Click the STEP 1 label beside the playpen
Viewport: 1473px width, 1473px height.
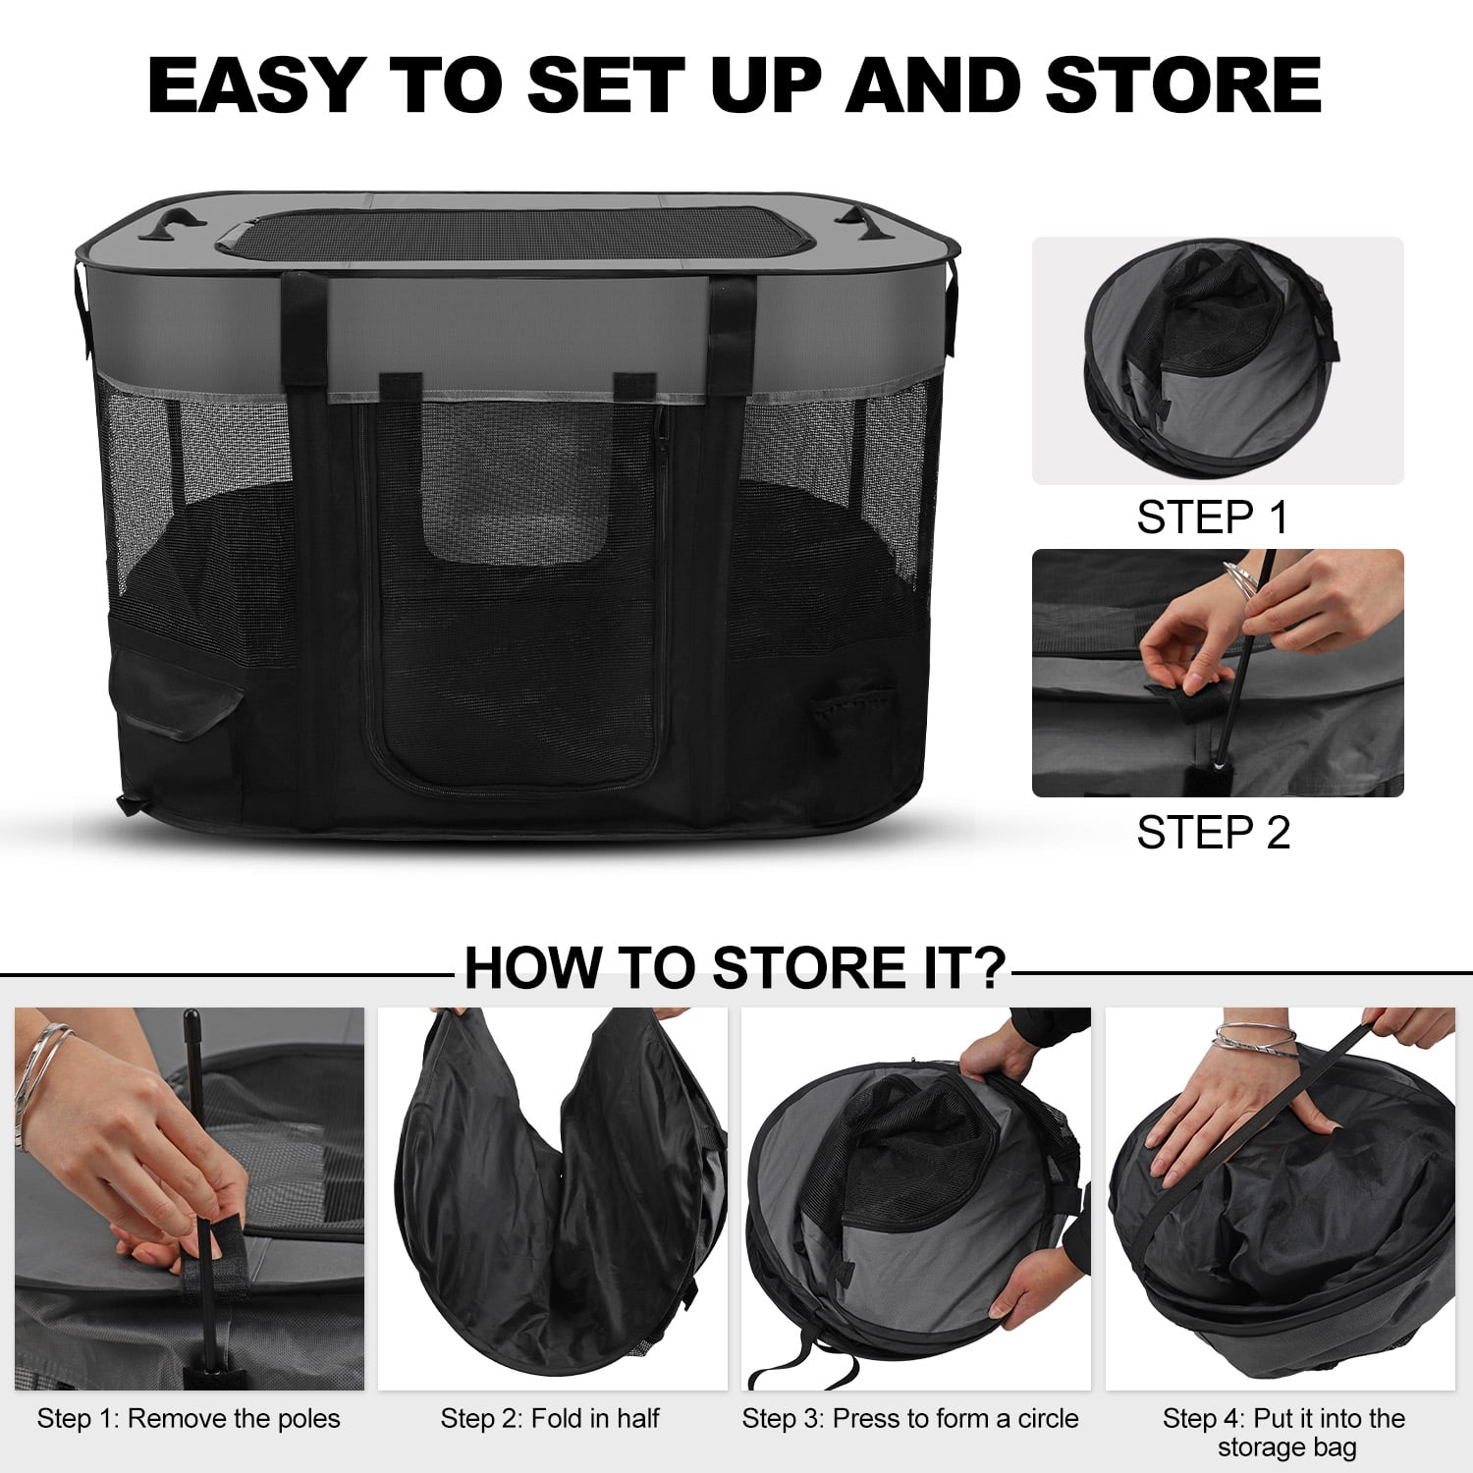click(x=1212, y=518)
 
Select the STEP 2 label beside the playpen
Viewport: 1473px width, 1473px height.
click(x=1213, y=833)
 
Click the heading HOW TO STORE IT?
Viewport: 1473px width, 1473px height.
click(x=736, y=967)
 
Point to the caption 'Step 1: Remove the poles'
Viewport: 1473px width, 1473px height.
click(x=189, y=1419)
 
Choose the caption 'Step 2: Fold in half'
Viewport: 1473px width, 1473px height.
click(x=550, y=1419)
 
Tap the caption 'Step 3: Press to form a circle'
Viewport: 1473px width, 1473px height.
click(x=910, y=1419)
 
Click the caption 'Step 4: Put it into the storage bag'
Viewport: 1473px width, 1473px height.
click(x=1284, y=1433)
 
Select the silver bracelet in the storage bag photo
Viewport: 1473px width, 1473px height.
click(x=1255, y=1037)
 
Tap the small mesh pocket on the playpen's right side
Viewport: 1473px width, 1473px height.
click(x=850, y=712)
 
